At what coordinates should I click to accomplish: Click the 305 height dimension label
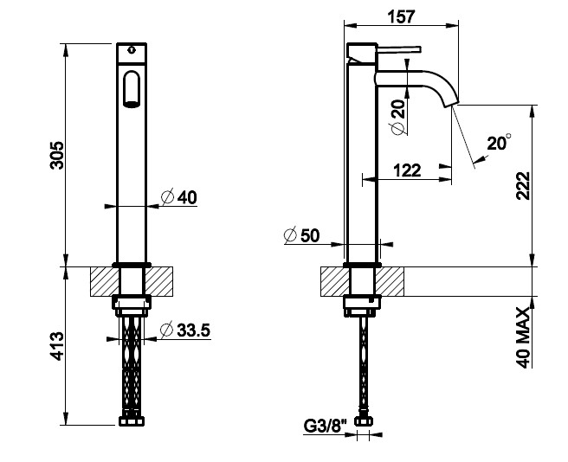pyautogui.click(x=57, y=155)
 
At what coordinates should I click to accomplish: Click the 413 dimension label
pyautogui.click(x=57, y=346)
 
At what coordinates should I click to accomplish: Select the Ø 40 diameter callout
pyautogui.click(x=179, y=197)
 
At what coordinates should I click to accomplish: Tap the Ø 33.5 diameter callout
pyautogui.click(x=185, y=330)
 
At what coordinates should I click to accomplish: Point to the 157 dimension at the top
pyautogui.click(x=401, y=16)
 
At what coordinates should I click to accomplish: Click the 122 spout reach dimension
pyautogui.click(x=407, y=170)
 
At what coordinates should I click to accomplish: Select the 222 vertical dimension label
pyautogui.click(x=523, y=186)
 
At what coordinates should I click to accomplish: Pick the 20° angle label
pyautogui.click(x=499, y=142)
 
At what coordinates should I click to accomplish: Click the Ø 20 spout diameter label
pyautogui.click(x=398, y=118)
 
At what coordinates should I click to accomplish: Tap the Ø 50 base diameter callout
pyautogui.click(x=301, y=235)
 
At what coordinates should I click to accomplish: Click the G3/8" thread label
pyautogui.click(x=325, y=427)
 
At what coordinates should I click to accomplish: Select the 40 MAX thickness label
pyautogui.click(x=523, y=337)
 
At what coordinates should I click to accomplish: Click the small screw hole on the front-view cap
pyautogui.click(x=132, y=49)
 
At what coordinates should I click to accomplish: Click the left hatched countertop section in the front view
pyautogui.click(x=105, y=282)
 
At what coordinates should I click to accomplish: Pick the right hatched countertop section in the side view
pyautogui.click(x=390, y=282)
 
